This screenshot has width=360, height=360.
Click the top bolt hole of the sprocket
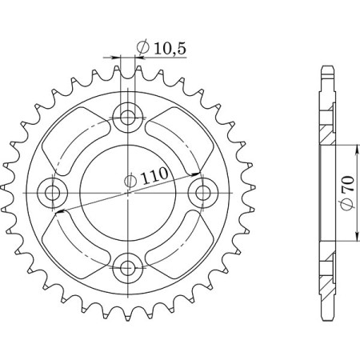[x=128, y=118]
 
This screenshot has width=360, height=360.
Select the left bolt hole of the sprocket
[x=54, y=192]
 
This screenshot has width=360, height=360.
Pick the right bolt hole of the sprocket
[x=202, y=192]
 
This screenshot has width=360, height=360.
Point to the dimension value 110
[x=150, y=182]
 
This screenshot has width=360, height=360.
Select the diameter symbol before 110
[x=130, y=183]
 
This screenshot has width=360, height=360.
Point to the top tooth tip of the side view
[x=326, y=67]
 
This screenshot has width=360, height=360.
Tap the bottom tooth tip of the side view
[x=326, y=317]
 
